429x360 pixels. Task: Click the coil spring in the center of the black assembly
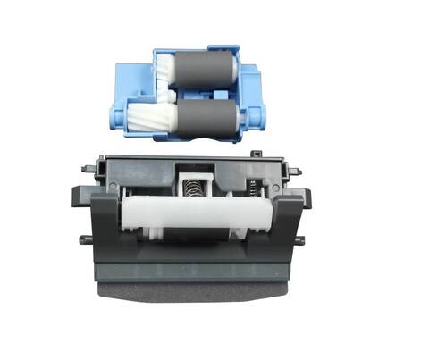[x=190, y=188]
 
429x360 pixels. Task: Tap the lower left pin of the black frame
[x=84, y=238]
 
